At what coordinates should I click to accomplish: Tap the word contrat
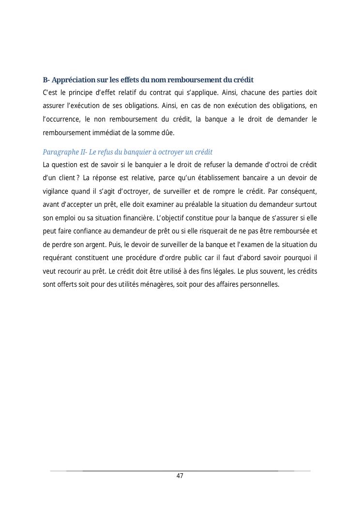tap(156, 92)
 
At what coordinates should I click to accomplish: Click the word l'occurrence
tap(60, 119)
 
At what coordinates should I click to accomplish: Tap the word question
tap(67, 165)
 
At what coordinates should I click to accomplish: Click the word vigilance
tap(57, 191)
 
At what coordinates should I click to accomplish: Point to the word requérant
tap(58, 258)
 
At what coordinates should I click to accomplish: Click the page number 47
tap(180, 476)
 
